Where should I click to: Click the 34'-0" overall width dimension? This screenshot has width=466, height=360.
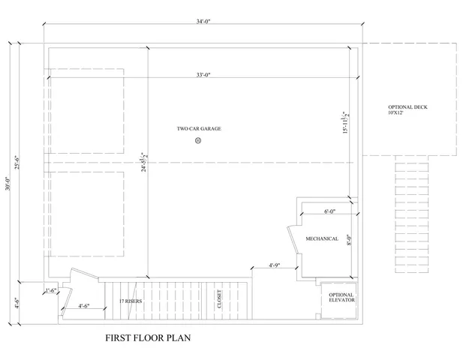tap(202, 22)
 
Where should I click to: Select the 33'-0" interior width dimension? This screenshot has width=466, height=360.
tap(202, 74)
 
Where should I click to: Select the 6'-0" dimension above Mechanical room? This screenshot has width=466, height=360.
tap(329, 212)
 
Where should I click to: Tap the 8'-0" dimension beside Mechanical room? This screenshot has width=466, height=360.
tap(349, 241)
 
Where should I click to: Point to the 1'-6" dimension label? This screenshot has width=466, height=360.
tap(51, 290)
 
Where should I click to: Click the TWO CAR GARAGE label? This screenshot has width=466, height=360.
tap(199, 128)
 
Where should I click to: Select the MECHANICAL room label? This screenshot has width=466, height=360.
tap(321, 238)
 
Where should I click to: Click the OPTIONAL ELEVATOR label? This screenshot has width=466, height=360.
tap(341, 298)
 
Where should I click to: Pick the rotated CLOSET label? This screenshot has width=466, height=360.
tap(220, 299)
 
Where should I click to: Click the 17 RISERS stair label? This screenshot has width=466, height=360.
tap(131, 301)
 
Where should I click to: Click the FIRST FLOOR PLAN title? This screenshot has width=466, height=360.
tap(148, 338)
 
